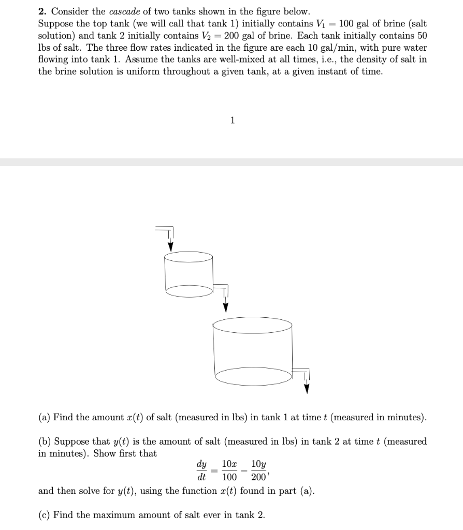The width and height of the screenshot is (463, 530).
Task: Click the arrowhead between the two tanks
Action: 225,307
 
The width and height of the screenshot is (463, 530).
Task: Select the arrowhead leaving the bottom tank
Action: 306,388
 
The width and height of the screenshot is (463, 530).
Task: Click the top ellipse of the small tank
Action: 188,257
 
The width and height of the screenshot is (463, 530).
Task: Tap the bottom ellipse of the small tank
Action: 189,291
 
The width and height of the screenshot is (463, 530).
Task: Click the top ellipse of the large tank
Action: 252,326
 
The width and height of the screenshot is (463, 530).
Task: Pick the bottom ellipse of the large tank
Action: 254,376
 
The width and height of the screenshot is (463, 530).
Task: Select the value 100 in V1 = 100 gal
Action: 346,24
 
